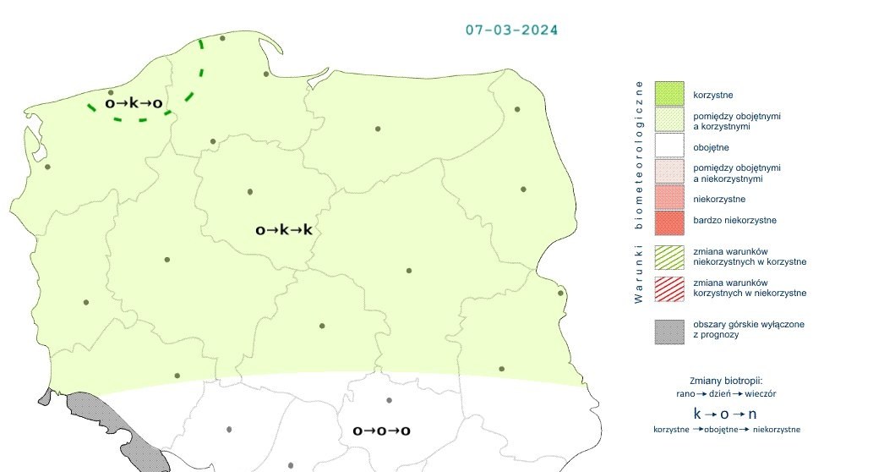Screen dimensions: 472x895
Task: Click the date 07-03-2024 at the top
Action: [511, 30]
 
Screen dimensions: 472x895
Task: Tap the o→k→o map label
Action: [134, 103]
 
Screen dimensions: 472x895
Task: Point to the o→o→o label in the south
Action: [381, 431]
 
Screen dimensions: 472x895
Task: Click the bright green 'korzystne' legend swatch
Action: [669, 94]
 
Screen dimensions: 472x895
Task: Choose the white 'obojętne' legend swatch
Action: [669, 147]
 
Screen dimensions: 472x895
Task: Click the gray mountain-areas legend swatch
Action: [669, 330]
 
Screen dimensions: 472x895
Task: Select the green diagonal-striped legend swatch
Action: [669, 256]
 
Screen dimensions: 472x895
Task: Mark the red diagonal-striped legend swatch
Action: [669, 288]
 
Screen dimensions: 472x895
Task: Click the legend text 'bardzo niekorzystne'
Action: [734, 221]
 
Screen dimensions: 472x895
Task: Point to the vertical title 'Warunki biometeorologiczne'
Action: [639, 192]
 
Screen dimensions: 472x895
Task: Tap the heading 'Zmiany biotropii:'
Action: [727, 380]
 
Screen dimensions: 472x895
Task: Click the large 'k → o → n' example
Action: [725, 414]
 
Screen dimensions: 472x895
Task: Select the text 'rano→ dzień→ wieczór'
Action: [727, 393]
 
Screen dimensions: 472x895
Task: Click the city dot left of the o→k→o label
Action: [111, 92]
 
